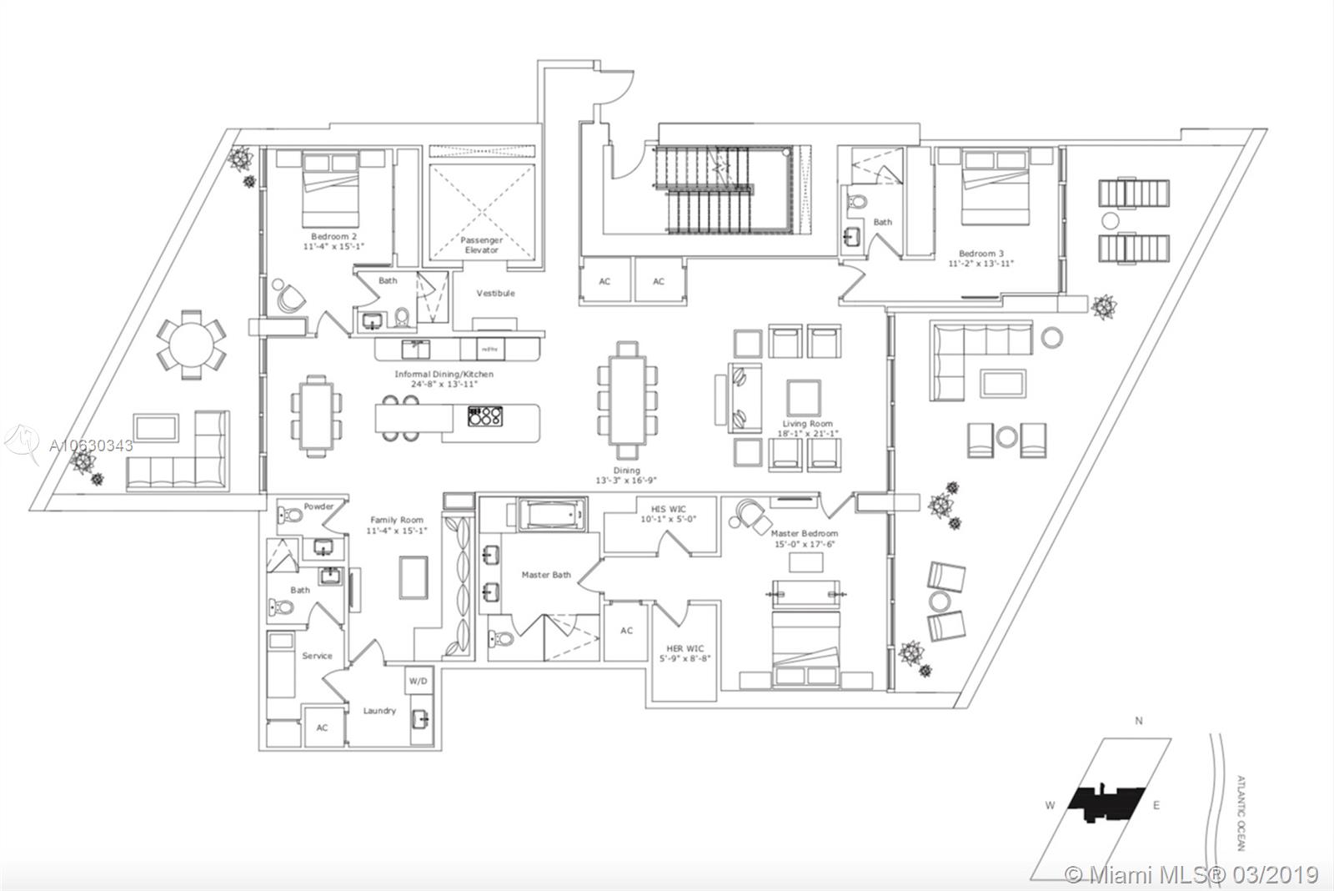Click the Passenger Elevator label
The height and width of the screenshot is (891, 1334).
(x=481, y=245)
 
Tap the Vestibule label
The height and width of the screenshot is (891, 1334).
(x=495, y=294)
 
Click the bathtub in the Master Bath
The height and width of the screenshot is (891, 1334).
(x=551, y=515)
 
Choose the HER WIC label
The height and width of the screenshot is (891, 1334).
(x=685, y=649)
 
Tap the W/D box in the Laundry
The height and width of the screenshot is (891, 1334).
(x=418, y=681)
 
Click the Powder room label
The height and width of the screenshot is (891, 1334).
(x=318, y=506)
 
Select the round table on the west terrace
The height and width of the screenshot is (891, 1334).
(x=192, y=343)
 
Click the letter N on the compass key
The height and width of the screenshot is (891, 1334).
(x=1139, y=721)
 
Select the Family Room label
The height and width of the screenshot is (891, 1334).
(x=397, y=521)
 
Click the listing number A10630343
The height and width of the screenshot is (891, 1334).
(x=91, y=445)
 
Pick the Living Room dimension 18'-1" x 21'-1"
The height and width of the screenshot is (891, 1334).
(x=806, y=434)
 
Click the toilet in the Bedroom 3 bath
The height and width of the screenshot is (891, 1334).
(x=856, y=201)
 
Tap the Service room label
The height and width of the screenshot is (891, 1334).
(x=317, y=656)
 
